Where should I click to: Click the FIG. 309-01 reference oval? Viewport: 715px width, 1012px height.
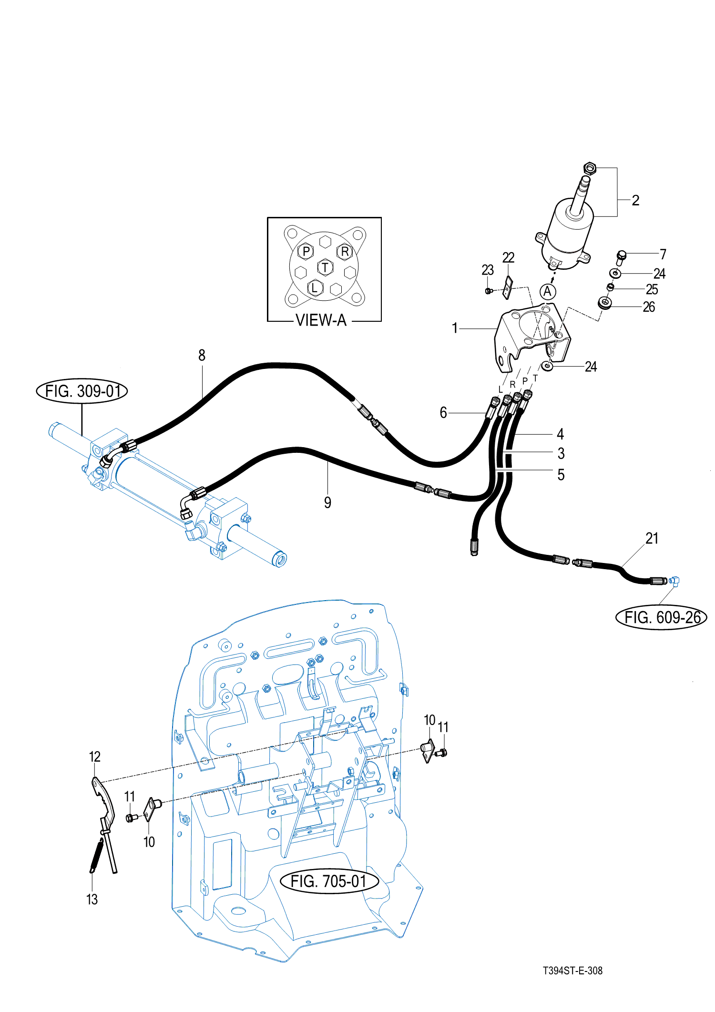82,391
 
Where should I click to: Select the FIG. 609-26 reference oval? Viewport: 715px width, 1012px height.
662,617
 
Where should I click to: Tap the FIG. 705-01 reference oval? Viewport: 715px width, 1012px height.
328,881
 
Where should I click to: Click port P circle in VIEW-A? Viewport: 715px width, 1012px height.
306,251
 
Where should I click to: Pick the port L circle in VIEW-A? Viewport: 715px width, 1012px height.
314,287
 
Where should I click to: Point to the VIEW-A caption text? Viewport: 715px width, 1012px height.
321,320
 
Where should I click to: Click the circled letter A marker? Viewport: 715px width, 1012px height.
547,291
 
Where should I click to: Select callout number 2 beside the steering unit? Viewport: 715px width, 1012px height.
635,200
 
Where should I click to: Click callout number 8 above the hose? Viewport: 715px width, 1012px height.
202,355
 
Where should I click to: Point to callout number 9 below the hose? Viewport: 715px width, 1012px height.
327,502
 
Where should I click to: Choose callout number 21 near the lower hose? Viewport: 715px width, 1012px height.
652,539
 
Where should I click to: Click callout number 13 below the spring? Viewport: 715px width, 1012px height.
92,900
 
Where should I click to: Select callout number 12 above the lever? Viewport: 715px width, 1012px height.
95,756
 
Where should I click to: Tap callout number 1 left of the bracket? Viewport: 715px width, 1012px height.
455,328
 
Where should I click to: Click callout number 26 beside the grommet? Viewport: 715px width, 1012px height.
649,307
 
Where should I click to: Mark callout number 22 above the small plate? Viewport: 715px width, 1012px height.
508,257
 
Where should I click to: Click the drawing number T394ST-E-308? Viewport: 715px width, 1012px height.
572,971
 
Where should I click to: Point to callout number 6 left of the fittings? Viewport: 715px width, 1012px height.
443,412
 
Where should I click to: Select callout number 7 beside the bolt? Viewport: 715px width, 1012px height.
663,254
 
